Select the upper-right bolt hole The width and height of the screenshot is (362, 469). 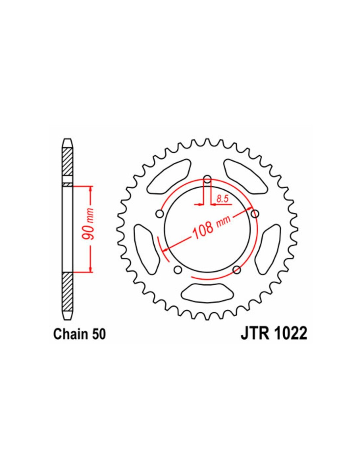coord(255,214)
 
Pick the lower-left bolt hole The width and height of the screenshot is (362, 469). coord(178,269)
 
